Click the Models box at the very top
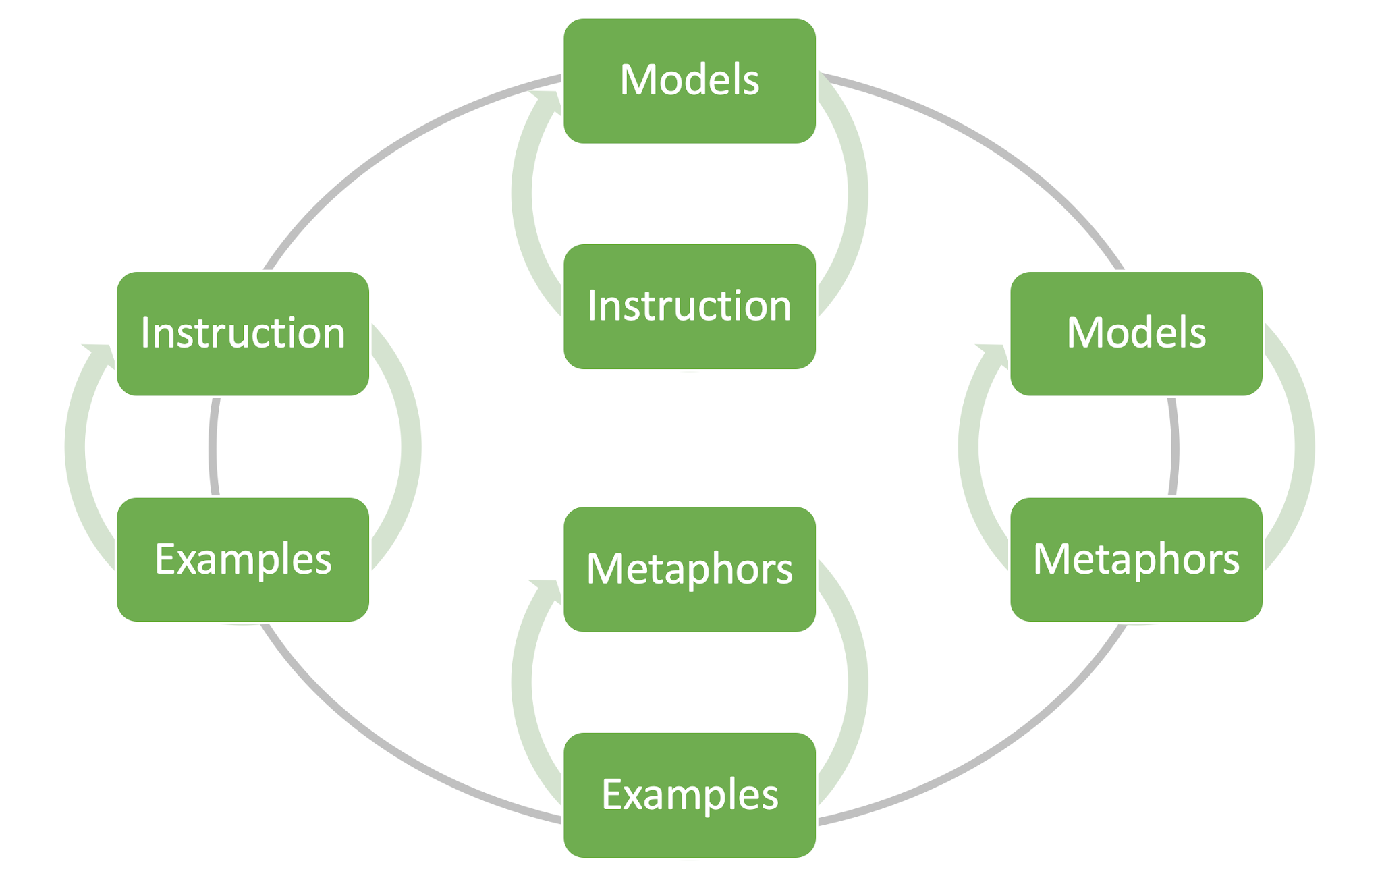click(689, 81)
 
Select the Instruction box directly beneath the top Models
click(689, 306)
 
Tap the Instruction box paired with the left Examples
click(243, 333)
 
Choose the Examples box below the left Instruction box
click(243, 559)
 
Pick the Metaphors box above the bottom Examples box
click(689, 569)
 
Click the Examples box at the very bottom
click(689, 795)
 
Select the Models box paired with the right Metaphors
click(1136, 333)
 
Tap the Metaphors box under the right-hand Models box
click(1136, 559)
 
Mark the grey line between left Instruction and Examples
click(213, 447)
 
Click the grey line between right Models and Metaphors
click(1175, 447)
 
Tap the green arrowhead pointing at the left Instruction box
click(102, 355)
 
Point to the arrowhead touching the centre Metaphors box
click(549, 590)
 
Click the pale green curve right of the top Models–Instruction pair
click(857, 194)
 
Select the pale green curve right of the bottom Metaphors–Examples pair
click(857, 682)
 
